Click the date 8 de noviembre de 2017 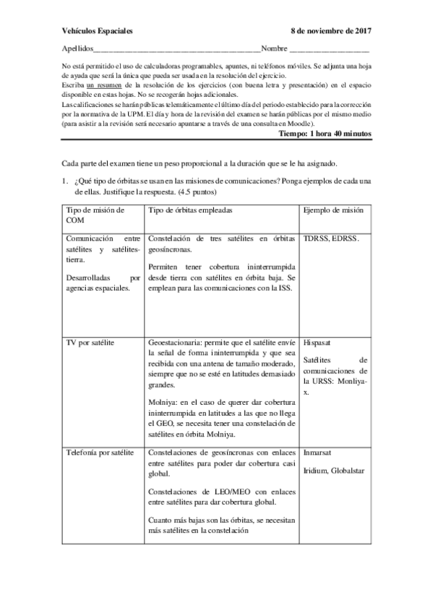point(330,32)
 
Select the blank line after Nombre point(329,51)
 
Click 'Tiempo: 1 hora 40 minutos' point(325,134)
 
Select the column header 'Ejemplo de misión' point(333,210)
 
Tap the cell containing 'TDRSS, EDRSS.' point(332,236)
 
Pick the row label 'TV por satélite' point(91,338)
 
